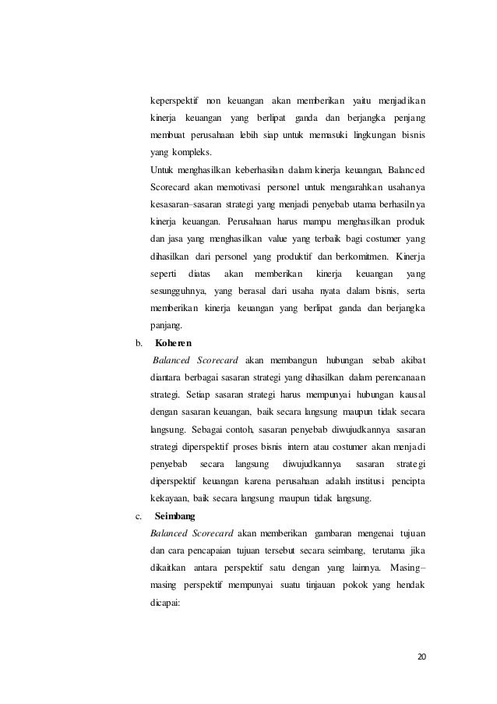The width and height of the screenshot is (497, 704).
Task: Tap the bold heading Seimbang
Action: [x=175, y=516]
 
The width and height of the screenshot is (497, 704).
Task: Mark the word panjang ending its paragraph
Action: [x=166, y=325]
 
